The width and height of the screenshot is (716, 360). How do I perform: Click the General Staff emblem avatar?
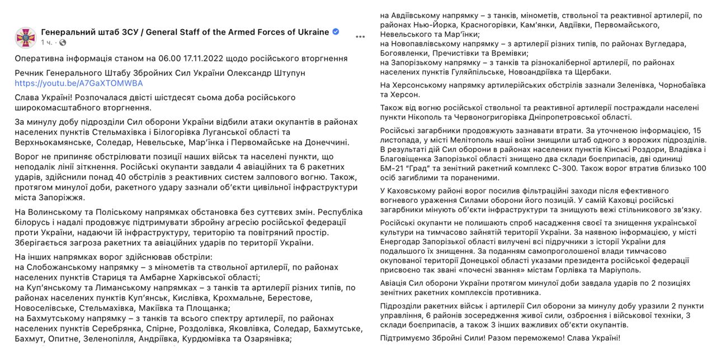tap(25, 37)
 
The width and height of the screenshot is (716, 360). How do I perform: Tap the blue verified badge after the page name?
tap(336, 32)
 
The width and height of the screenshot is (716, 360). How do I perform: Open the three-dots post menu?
tap(361, 37)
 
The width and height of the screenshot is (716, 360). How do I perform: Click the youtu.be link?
tap(78, 83)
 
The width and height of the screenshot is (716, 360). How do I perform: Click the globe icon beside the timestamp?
tap(63, 42)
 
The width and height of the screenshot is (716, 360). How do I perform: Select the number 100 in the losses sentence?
tap(698, 168)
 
